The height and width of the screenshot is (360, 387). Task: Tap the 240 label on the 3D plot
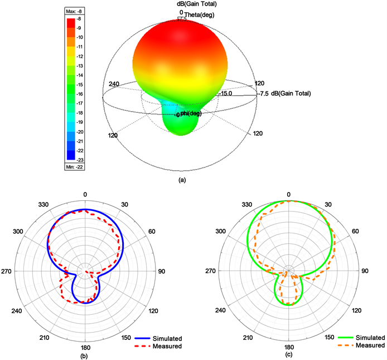[x=114, y=84]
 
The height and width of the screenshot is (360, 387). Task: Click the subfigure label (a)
[x=181, y=180]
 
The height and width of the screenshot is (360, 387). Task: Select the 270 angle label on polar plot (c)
[x=214, y=271]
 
